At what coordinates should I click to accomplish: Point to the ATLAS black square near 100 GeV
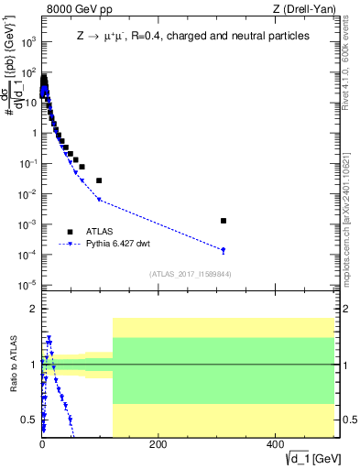coord(99,180)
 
